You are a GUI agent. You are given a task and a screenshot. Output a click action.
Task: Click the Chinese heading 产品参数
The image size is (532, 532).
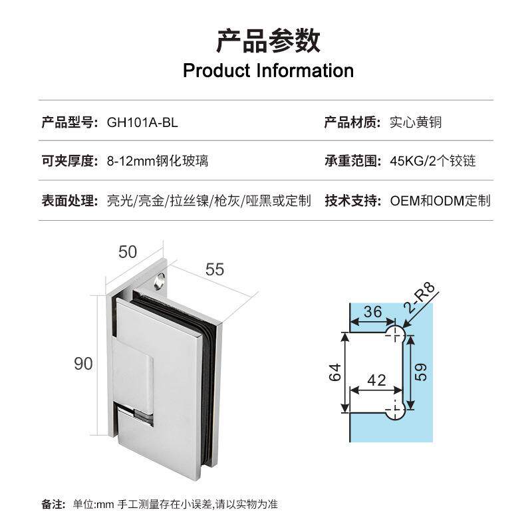[x=268, y=41]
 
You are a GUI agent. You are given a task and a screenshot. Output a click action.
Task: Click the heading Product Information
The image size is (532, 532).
[x=268, y=70]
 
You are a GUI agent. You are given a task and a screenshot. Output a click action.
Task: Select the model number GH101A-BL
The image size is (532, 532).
[x=142, y=122]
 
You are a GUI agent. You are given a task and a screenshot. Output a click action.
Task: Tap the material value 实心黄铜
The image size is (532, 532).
[x=416, y=122]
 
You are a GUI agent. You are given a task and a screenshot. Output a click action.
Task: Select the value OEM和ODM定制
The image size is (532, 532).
[x=440, y=200]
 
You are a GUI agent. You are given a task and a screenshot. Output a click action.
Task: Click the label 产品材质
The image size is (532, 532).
[x=352, y=122]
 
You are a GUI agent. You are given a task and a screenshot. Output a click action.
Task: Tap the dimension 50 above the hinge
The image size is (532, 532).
[x=127, y=252]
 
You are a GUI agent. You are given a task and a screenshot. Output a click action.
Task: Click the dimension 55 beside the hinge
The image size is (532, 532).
[x=215, y=269]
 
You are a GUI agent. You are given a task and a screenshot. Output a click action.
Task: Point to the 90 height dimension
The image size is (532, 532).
[x=83, y=364]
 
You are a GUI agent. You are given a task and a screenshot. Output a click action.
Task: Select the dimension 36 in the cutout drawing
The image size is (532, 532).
[x=373, y=311]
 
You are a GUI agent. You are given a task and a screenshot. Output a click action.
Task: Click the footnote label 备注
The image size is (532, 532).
[x=53, y=504]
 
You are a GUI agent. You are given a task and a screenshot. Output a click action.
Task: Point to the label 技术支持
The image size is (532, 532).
[x=352, y=200]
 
